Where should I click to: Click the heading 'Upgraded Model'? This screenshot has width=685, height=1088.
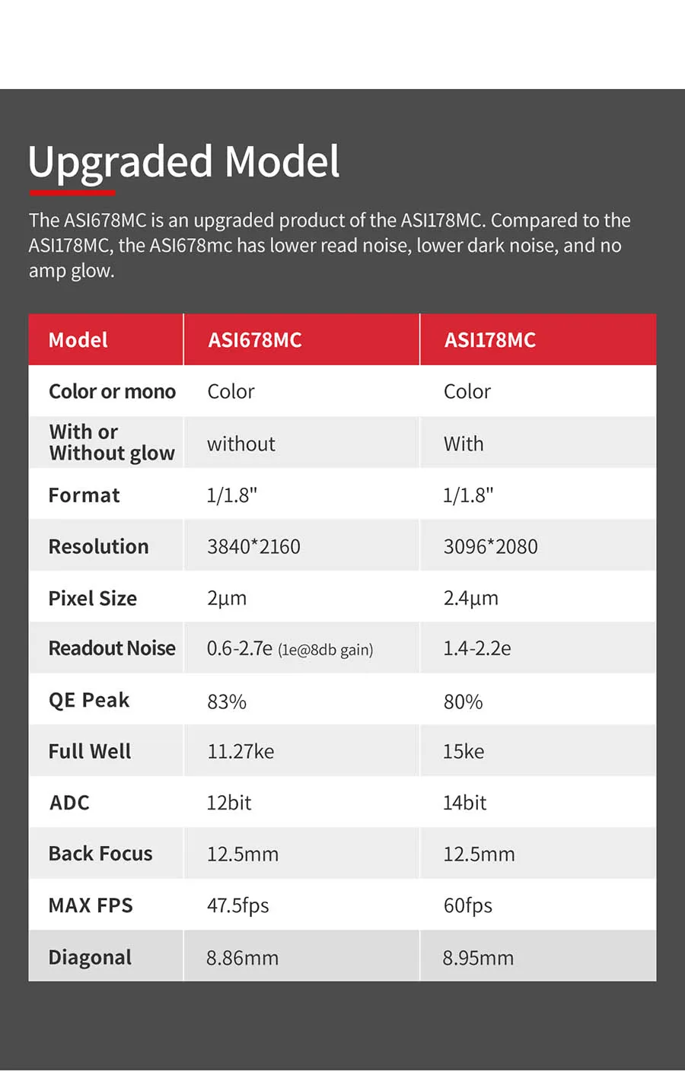183,161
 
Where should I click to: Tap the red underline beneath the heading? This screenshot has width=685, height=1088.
72,193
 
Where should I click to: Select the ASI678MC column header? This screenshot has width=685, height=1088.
255,340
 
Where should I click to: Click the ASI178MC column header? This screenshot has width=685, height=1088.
490,340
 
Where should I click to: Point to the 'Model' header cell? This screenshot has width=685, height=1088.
78,340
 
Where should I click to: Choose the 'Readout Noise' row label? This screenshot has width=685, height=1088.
112,648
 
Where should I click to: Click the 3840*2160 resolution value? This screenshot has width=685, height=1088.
253,546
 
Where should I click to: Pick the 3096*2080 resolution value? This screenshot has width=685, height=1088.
490,546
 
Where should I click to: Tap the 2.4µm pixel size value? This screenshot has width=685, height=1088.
470,598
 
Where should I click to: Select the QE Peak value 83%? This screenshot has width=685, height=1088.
227,701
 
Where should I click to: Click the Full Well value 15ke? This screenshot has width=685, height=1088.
464,752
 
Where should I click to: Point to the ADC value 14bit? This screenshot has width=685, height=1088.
464,803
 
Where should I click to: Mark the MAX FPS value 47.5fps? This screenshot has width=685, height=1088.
237,905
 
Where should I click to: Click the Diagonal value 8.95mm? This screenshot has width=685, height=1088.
478,958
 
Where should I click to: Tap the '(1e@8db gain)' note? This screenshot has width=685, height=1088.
325,650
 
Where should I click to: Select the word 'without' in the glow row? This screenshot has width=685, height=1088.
241,444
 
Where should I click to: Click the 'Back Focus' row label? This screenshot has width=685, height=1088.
100,854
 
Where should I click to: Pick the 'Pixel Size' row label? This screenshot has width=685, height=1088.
92,598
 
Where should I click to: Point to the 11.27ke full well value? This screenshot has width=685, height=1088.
241,752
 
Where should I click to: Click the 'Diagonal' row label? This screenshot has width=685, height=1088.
90,957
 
